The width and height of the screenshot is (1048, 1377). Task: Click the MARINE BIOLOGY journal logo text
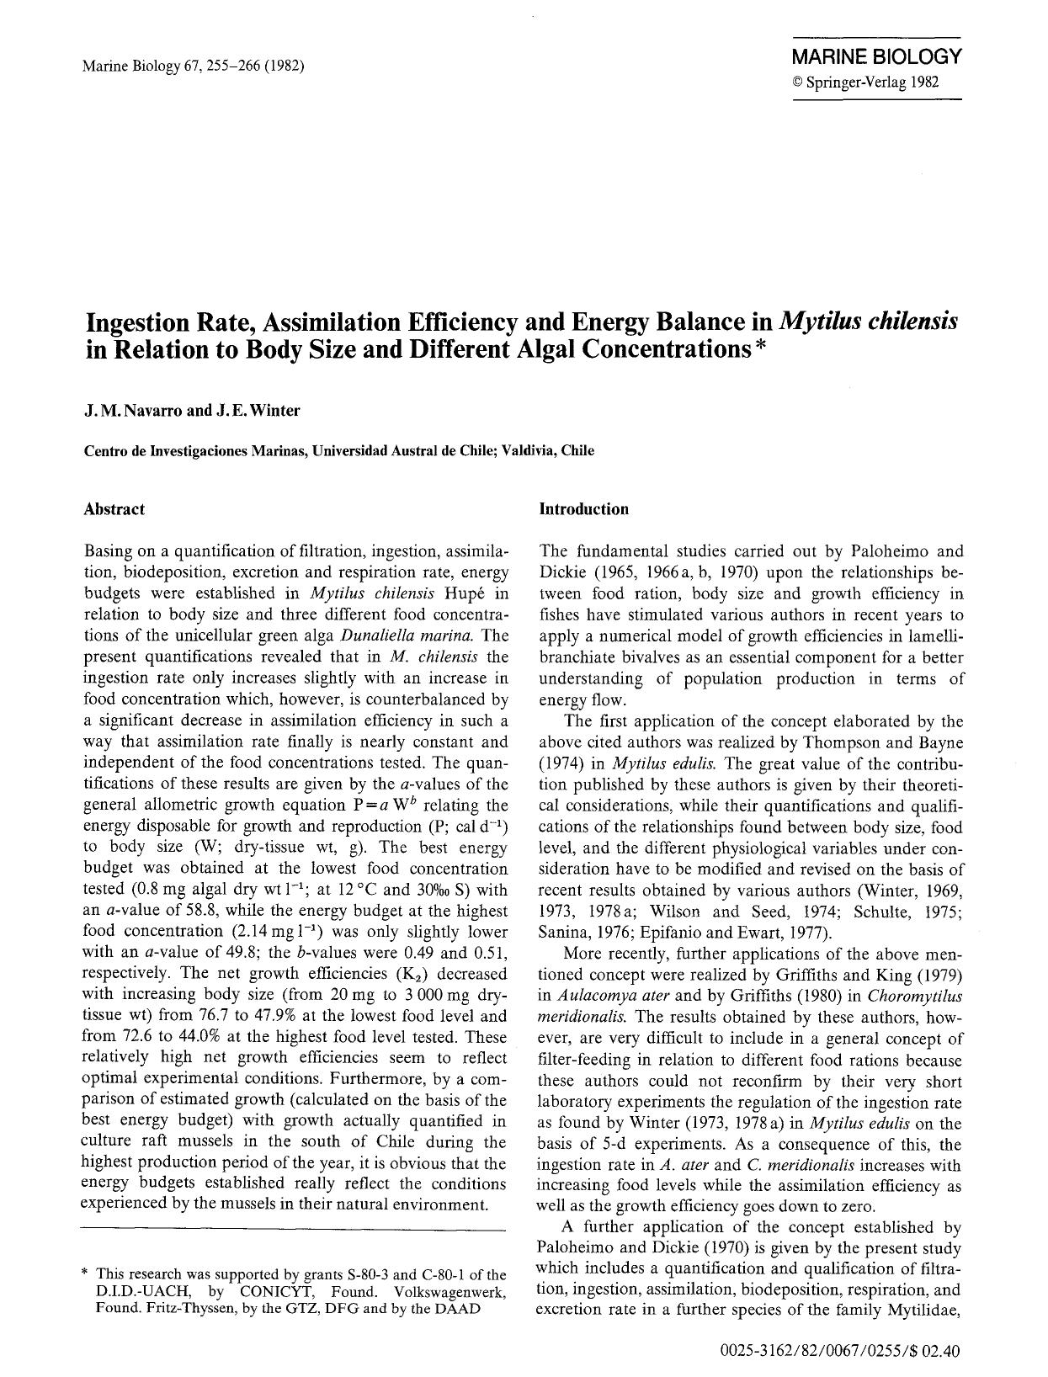(875, 57)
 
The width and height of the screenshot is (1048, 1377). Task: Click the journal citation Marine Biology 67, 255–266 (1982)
(194, 66)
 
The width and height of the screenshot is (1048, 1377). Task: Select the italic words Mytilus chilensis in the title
(868, 322)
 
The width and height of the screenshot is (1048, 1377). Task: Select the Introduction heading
(583, 509)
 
